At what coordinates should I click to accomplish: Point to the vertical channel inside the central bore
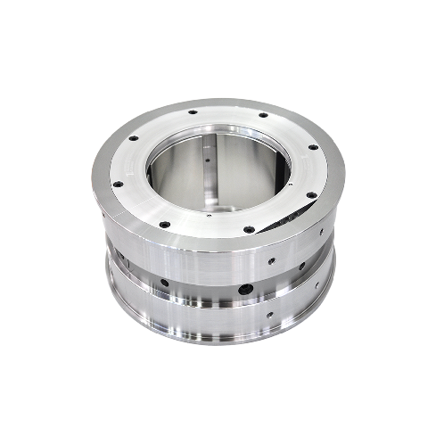tap(207, 174)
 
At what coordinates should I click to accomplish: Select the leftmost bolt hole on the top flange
tap(117, 184)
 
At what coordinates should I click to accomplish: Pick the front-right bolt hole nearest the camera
tap(249, 229)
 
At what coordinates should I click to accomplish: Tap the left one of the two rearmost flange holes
tap(191, 113)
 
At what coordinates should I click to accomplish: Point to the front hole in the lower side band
tap(270, 315)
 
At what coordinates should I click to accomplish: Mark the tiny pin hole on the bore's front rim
tap(208, 215)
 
